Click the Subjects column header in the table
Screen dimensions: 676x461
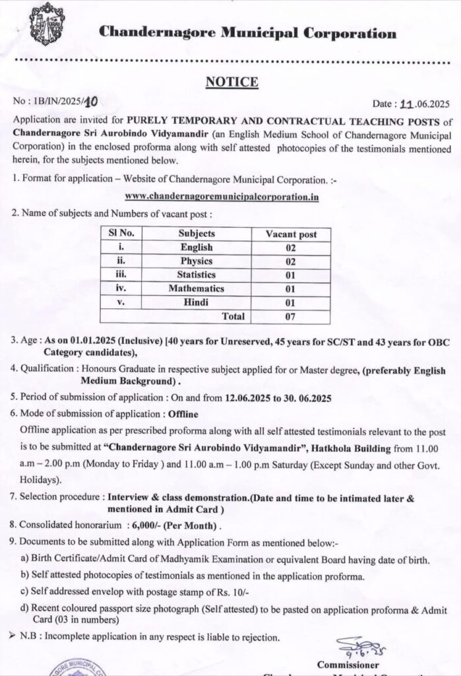[197, 234]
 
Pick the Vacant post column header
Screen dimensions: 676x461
[291, 234]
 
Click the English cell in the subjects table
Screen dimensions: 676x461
[197, 248]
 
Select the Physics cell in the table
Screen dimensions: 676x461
[197, 261]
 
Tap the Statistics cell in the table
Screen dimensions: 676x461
[197, 275]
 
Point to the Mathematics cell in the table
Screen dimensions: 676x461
[197, 288]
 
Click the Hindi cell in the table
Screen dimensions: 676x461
[197, 302]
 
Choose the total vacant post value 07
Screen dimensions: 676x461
[291, 317]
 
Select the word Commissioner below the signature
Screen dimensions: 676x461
[348, 664]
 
